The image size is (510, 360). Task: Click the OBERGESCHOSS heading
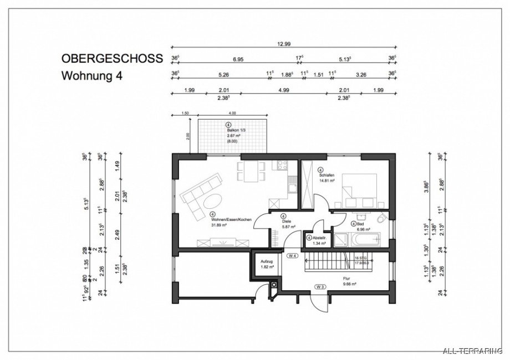(111, 58)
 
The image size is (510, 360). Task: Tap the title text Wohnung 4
(91, 76)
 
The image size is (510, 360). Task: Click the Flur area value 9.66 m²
(333, 284)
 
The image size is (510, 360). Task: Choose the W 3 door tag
(320, 286)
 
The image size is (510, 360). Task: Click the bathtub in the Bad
(364, 240)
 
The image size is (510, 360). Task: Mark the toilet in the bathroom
(381, 220)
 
